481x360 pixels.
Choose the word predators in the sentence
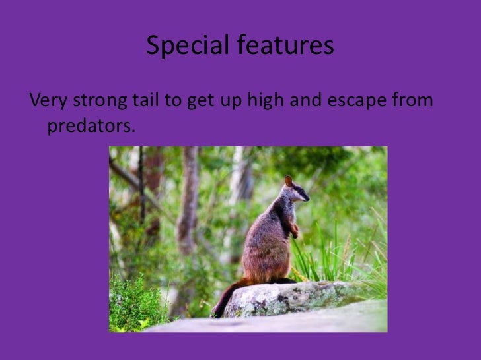(x=90, y=125)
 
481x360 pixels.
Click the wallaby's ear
(x=289, y=181)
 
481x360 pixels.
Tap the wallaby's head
(x=296, y=193)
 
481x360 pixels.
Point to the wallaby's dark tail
(x=225, y=299)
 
